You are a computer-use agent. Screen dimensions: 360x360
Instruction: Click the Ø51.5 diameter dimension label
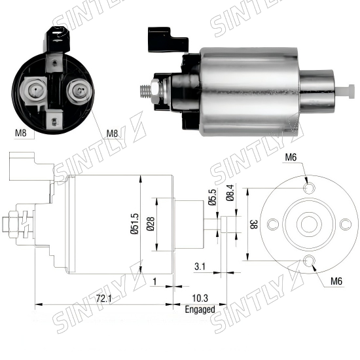pos(135,224)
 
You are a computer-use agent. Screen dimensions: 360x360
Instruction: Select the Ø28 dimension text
pos(151,224)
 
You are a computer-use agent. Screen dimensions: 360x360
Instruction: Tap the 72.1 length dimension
pos(104,298)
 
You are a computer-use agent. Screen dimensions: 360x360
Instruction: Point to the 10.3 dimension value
pos(200,298)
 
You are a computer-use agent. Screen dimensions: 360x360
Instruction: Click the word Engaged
pos(200,310)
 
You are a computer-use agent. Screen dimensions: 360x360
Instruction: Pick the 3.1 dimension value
pos(200,266)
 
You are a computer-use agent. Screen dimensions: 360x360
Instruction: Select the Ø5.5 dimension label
pos(212,197)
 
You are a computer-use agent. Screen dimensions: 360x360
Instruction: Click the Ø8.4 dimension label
pos(230,192)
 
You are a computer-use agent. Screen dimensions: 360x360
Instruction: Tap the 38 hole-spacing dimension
pos(254,225)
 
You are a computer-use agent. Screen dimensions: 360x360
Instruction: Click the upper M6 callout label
pos(291,157)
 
